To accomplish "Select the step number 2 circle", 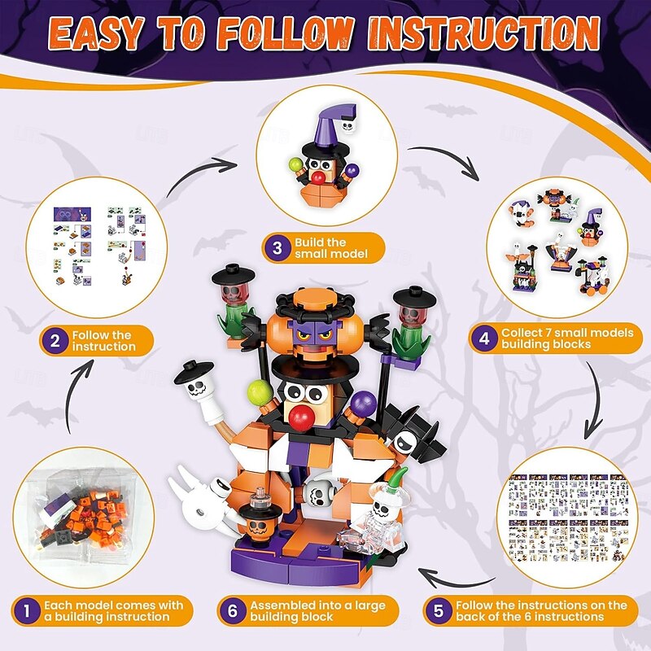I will [55, 340].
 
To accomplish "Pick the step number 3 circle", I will [277, 248].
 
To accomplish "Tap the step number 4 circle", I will [483, 339].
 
